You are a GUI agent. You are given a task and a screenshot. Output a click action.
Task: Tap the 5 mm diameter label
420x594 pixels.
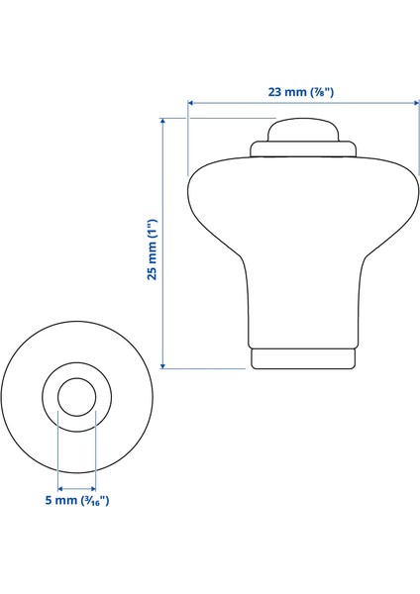(76, 501)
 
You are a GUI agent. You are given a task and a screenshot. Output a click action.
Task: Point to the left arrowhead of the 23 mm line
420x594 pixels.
(191, 102)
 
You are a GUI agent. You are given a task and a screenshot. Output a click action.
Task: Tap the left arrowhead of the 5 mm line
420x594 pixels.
(60, 488)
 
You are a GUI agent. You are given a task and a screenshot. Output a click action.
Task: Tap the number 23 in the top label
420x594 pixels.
(275, 91)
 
